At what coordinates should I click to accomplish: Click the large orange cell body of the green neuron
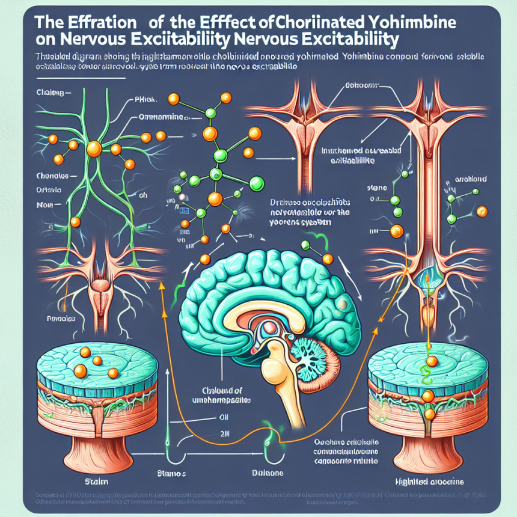pyautogui.click(x=94, y=148)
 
